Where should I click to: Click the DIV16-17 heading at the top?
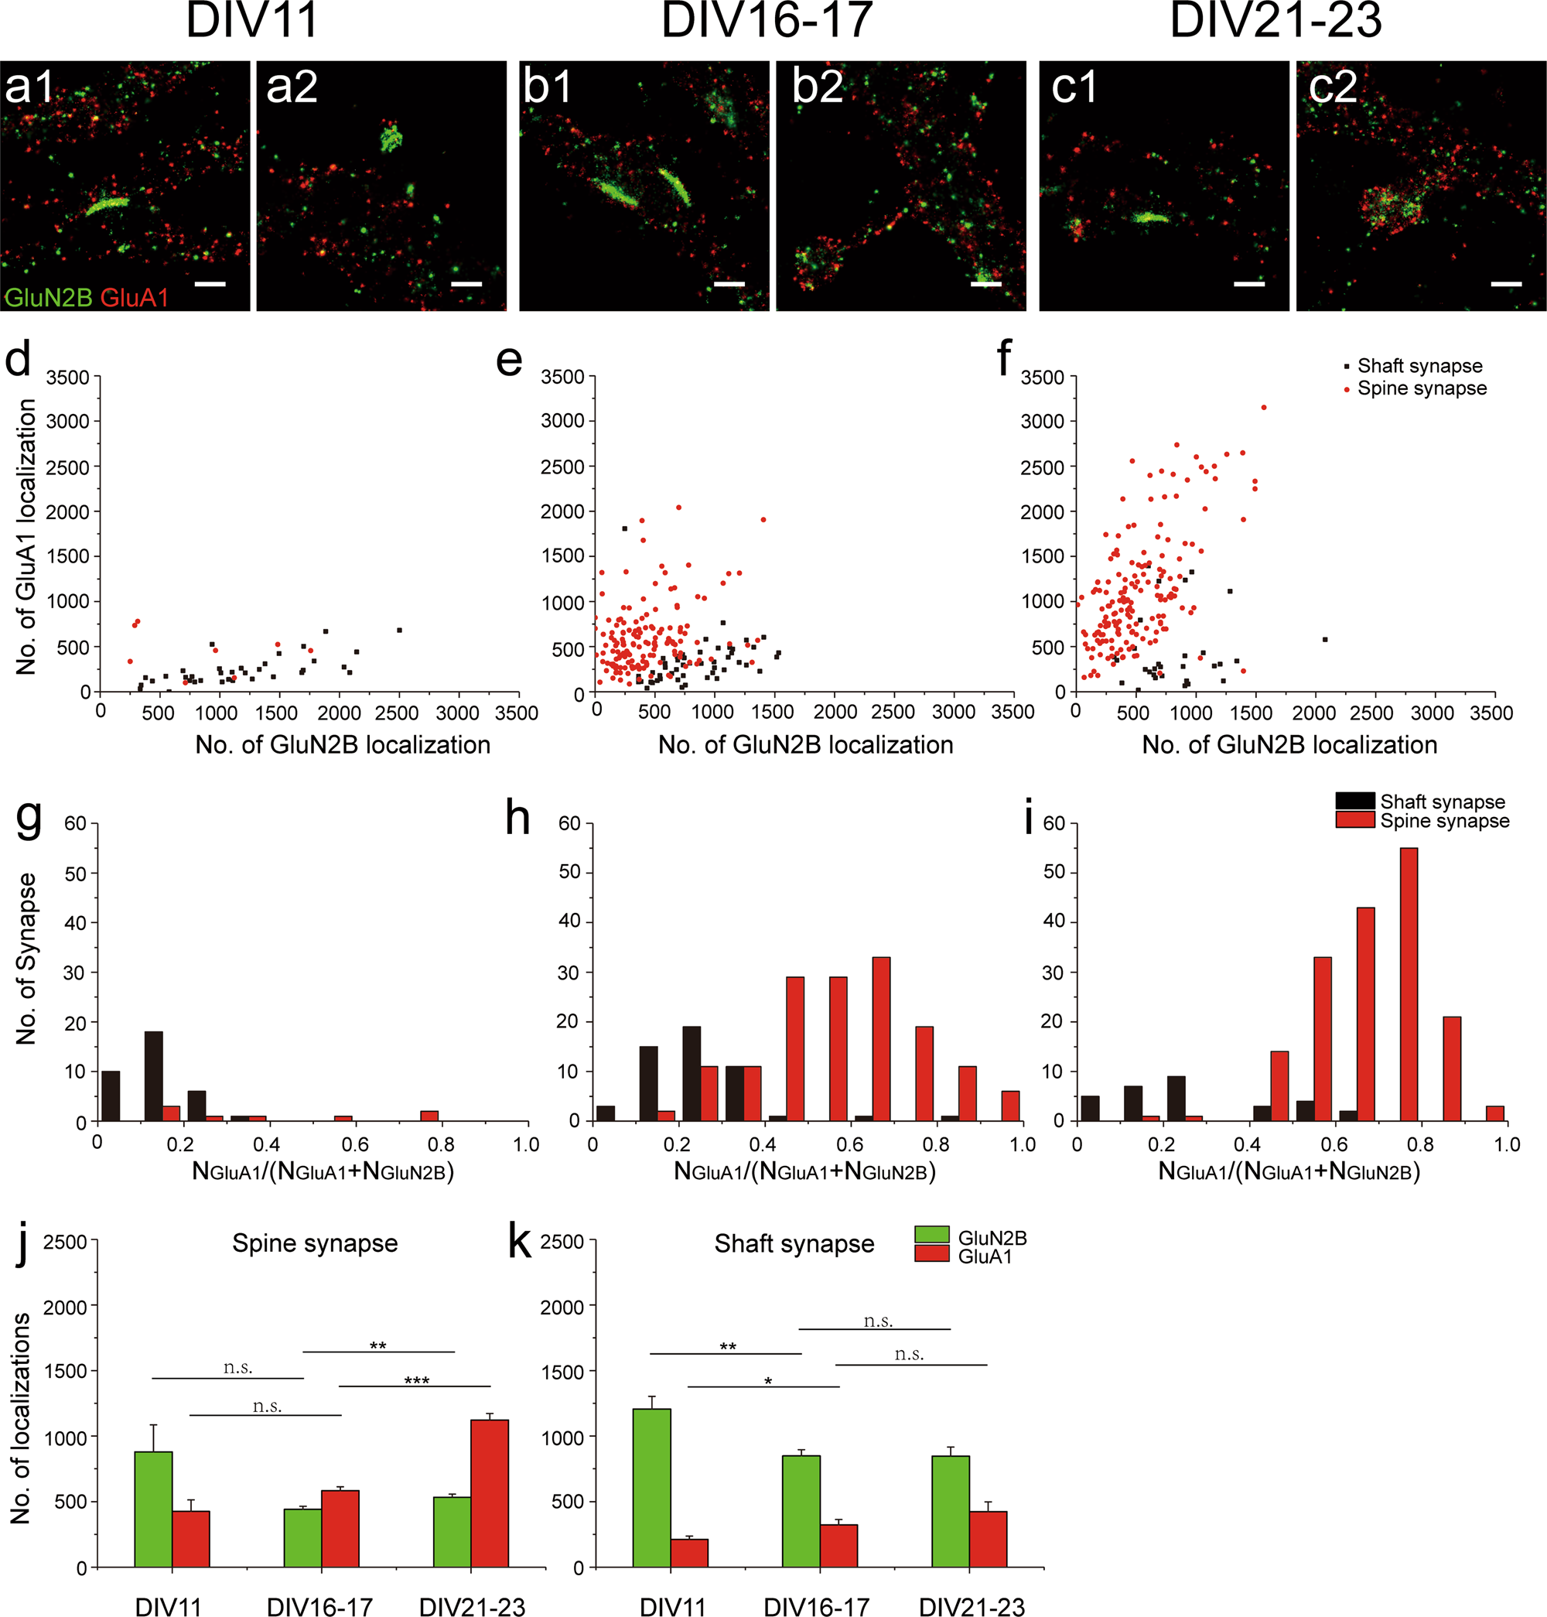766,20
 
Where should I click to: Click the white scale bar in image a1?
210,284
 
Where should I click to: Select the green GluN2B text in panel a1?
48,298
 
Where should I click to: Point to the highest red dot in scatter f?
1263,408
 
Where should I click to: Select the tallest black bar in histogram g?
153,1075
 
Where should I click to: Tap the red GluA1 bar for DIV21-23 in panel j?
489,1492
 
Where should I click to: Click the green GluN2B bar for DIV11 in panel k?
651,1487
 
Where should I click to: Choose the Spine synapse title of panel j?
315,1243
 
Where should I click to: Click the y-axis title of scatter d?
26,536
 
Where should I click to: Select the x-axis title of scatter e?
805,745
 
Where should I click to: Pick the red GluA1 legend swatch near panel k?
932,1254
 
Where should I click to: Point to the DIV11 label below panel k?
673,1605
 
